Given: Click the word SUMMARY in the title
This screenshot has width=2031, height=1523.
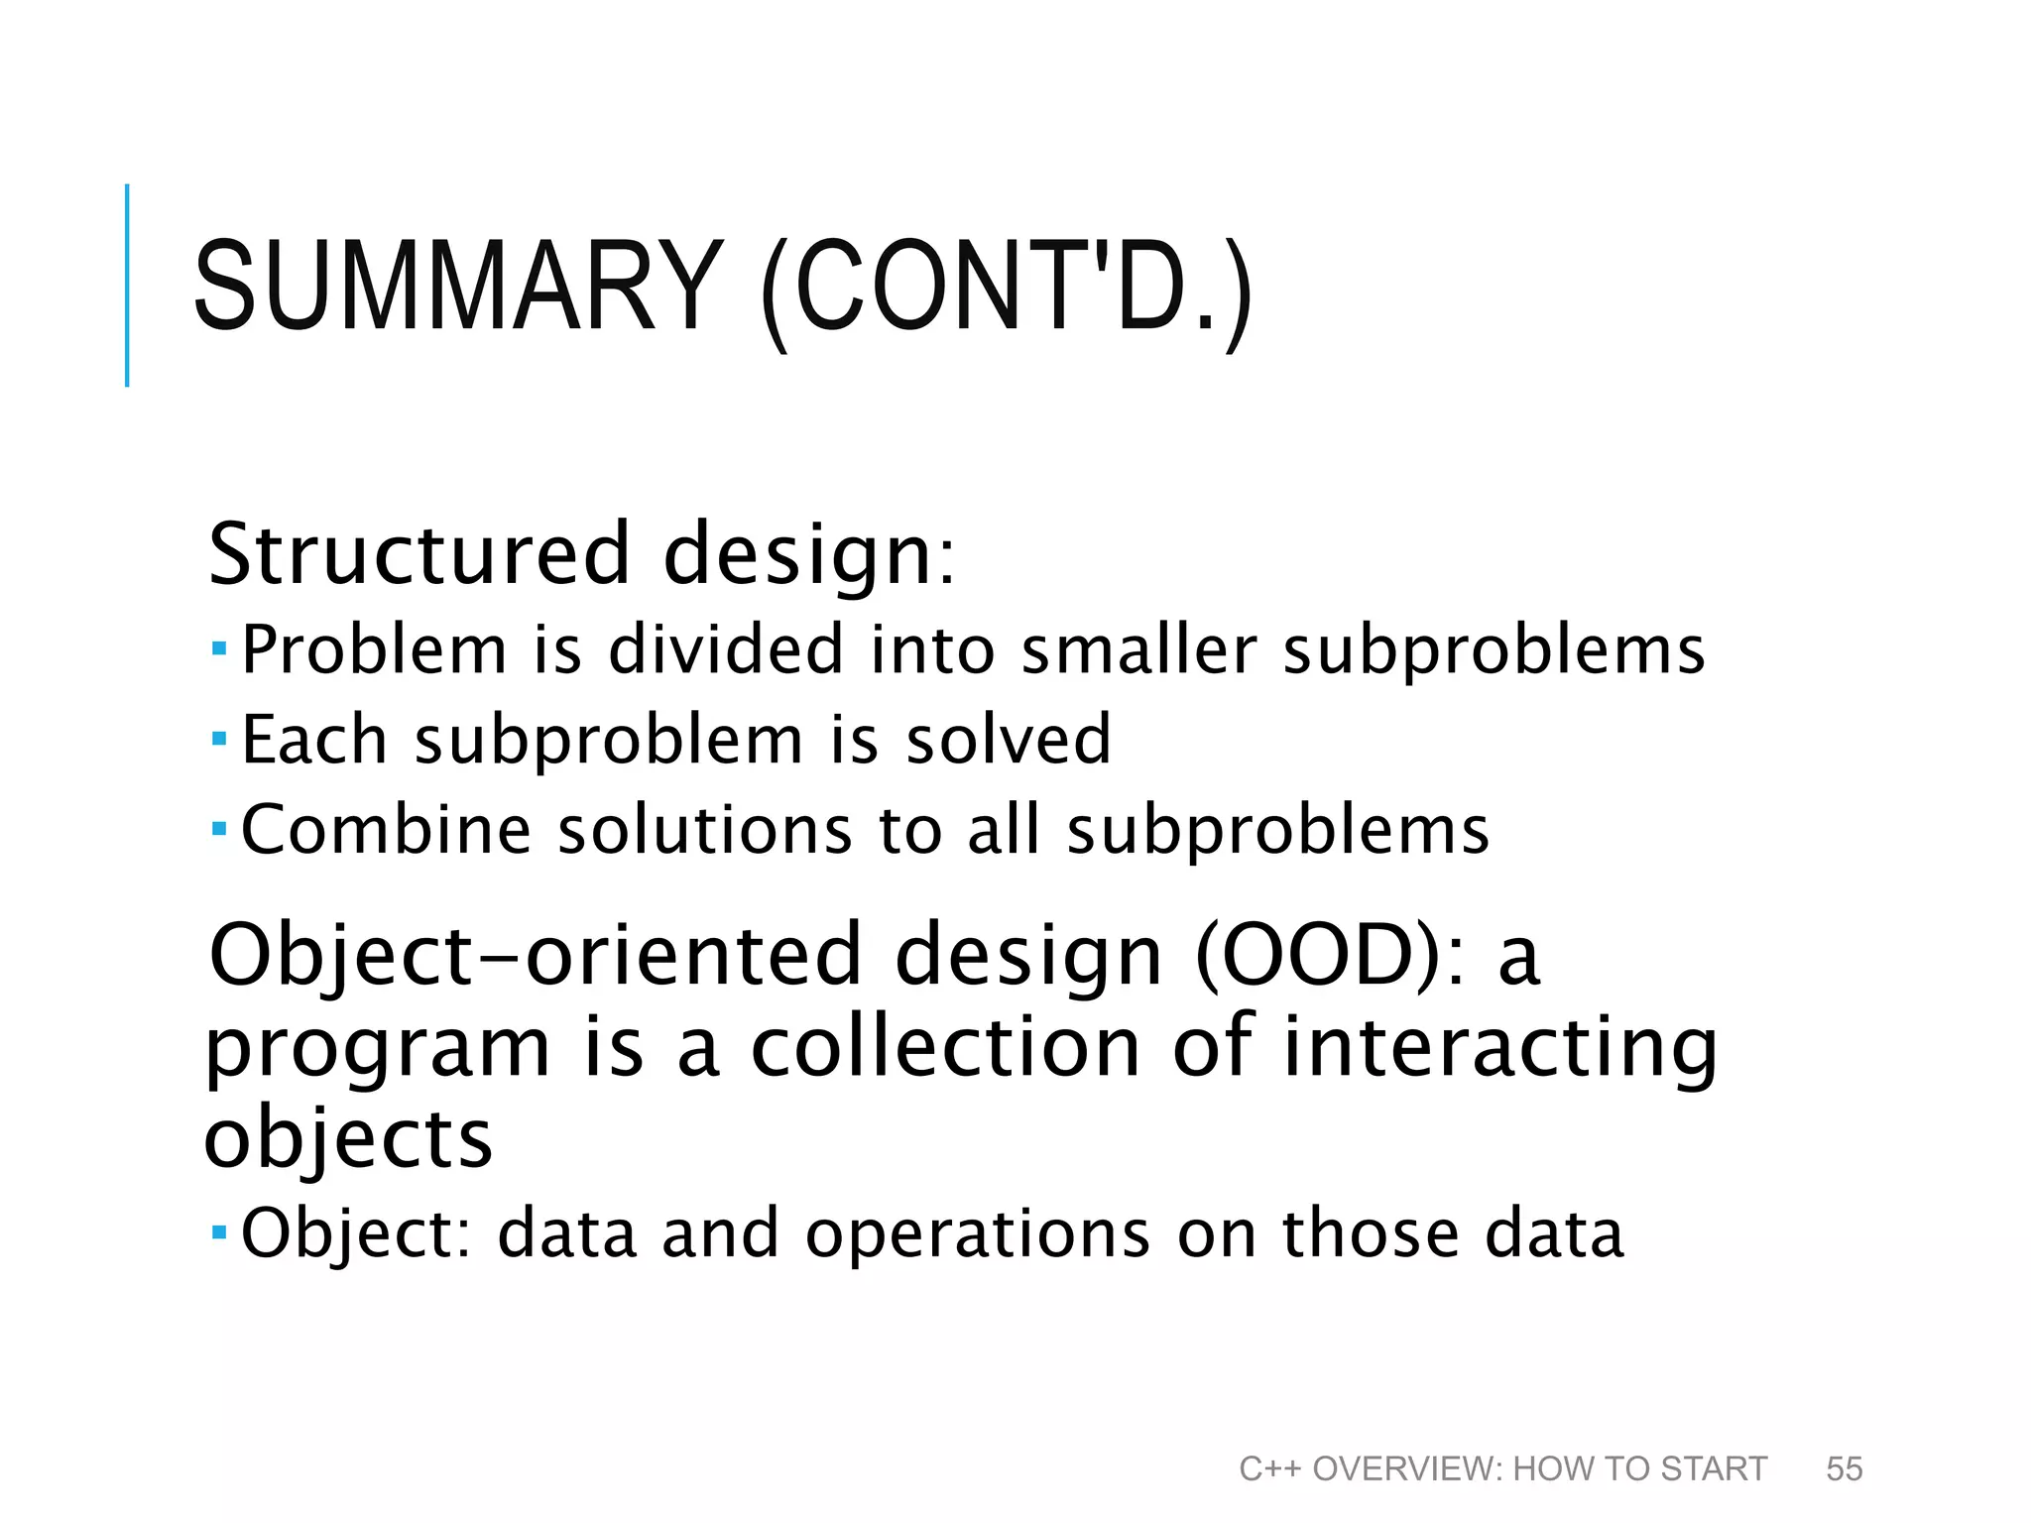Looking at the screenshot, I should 457,287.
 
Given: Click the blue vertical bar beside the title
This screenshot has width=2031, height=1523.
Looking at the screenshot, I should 127,285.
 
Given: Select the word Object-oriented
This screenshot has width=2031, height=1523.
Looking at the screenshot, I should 536,955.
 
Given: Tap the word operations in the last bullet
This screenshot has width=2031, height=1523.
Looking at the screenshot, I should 978,1233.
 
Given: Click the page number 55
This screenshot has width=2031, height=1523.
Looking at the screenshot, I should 1844,1468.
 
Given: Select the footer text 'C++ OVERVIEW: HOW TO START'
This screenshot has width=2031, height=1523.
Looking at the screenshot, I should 1502,1468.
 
